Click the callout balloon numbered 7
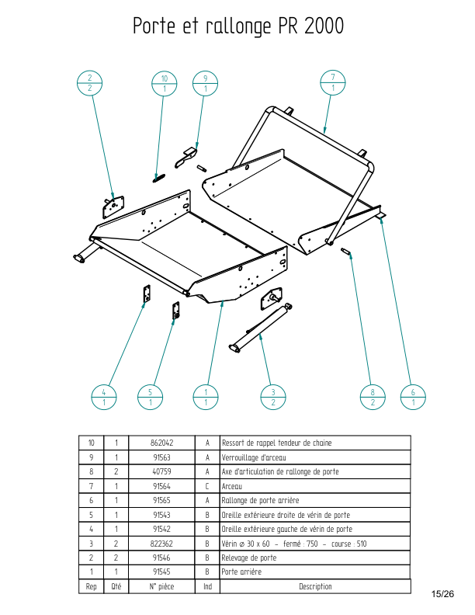pyautogui.click(x=333, y=82)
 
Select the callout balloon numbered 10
pyautogui.click(x=165, y=84)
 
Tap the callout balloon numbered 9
pyautogui.click(x=205, y=84)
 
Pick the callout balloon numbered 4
pyautogui.click(x=103, y=397)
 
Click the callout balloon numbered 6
pyautogui.click(x=413, y=397)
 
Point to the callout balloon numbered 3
pyautogui.click(x=272, y=397)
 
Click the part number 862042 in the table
pyautogui.click(x=161, y=443)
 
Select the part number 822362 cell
pyautogui.click(x=161, y=544)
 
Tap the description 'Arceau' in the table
pyautogui.click(x=232, y=486)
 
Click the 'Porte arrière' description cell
pyautogui.click(x=241, y=572)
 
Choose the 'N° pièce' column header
pyautogui.click(x=161, y=587)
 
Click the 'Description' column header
pyautogui.click(x=315, y=587)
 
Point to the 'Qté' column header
pyautogui.click(x=116, y=587)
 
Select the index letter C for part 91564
pyautogui.click(x=207, y=486)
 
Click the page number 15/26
pyautogui.click(x=442, y=594)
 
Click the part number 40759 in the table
pyautogui.click(x=161, y=471)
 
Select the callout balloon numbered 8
pyautogui.click(x=373, y=397)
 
